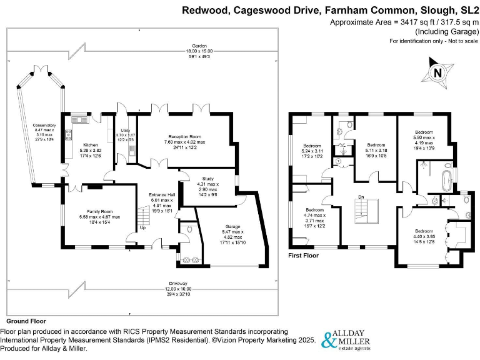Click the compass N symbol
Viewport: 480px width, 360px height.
[x=437, y=72]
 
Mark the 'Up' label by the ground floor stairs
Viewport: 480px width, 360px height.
[x=143, y=227]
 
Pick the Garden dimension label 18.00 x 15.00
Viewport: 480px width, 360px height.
[x=199, y=55]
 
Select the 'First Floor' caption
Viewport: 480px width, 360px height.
[x=303, y=256]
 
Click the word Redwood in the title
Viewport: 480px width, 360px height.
[x=203, y=10]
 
